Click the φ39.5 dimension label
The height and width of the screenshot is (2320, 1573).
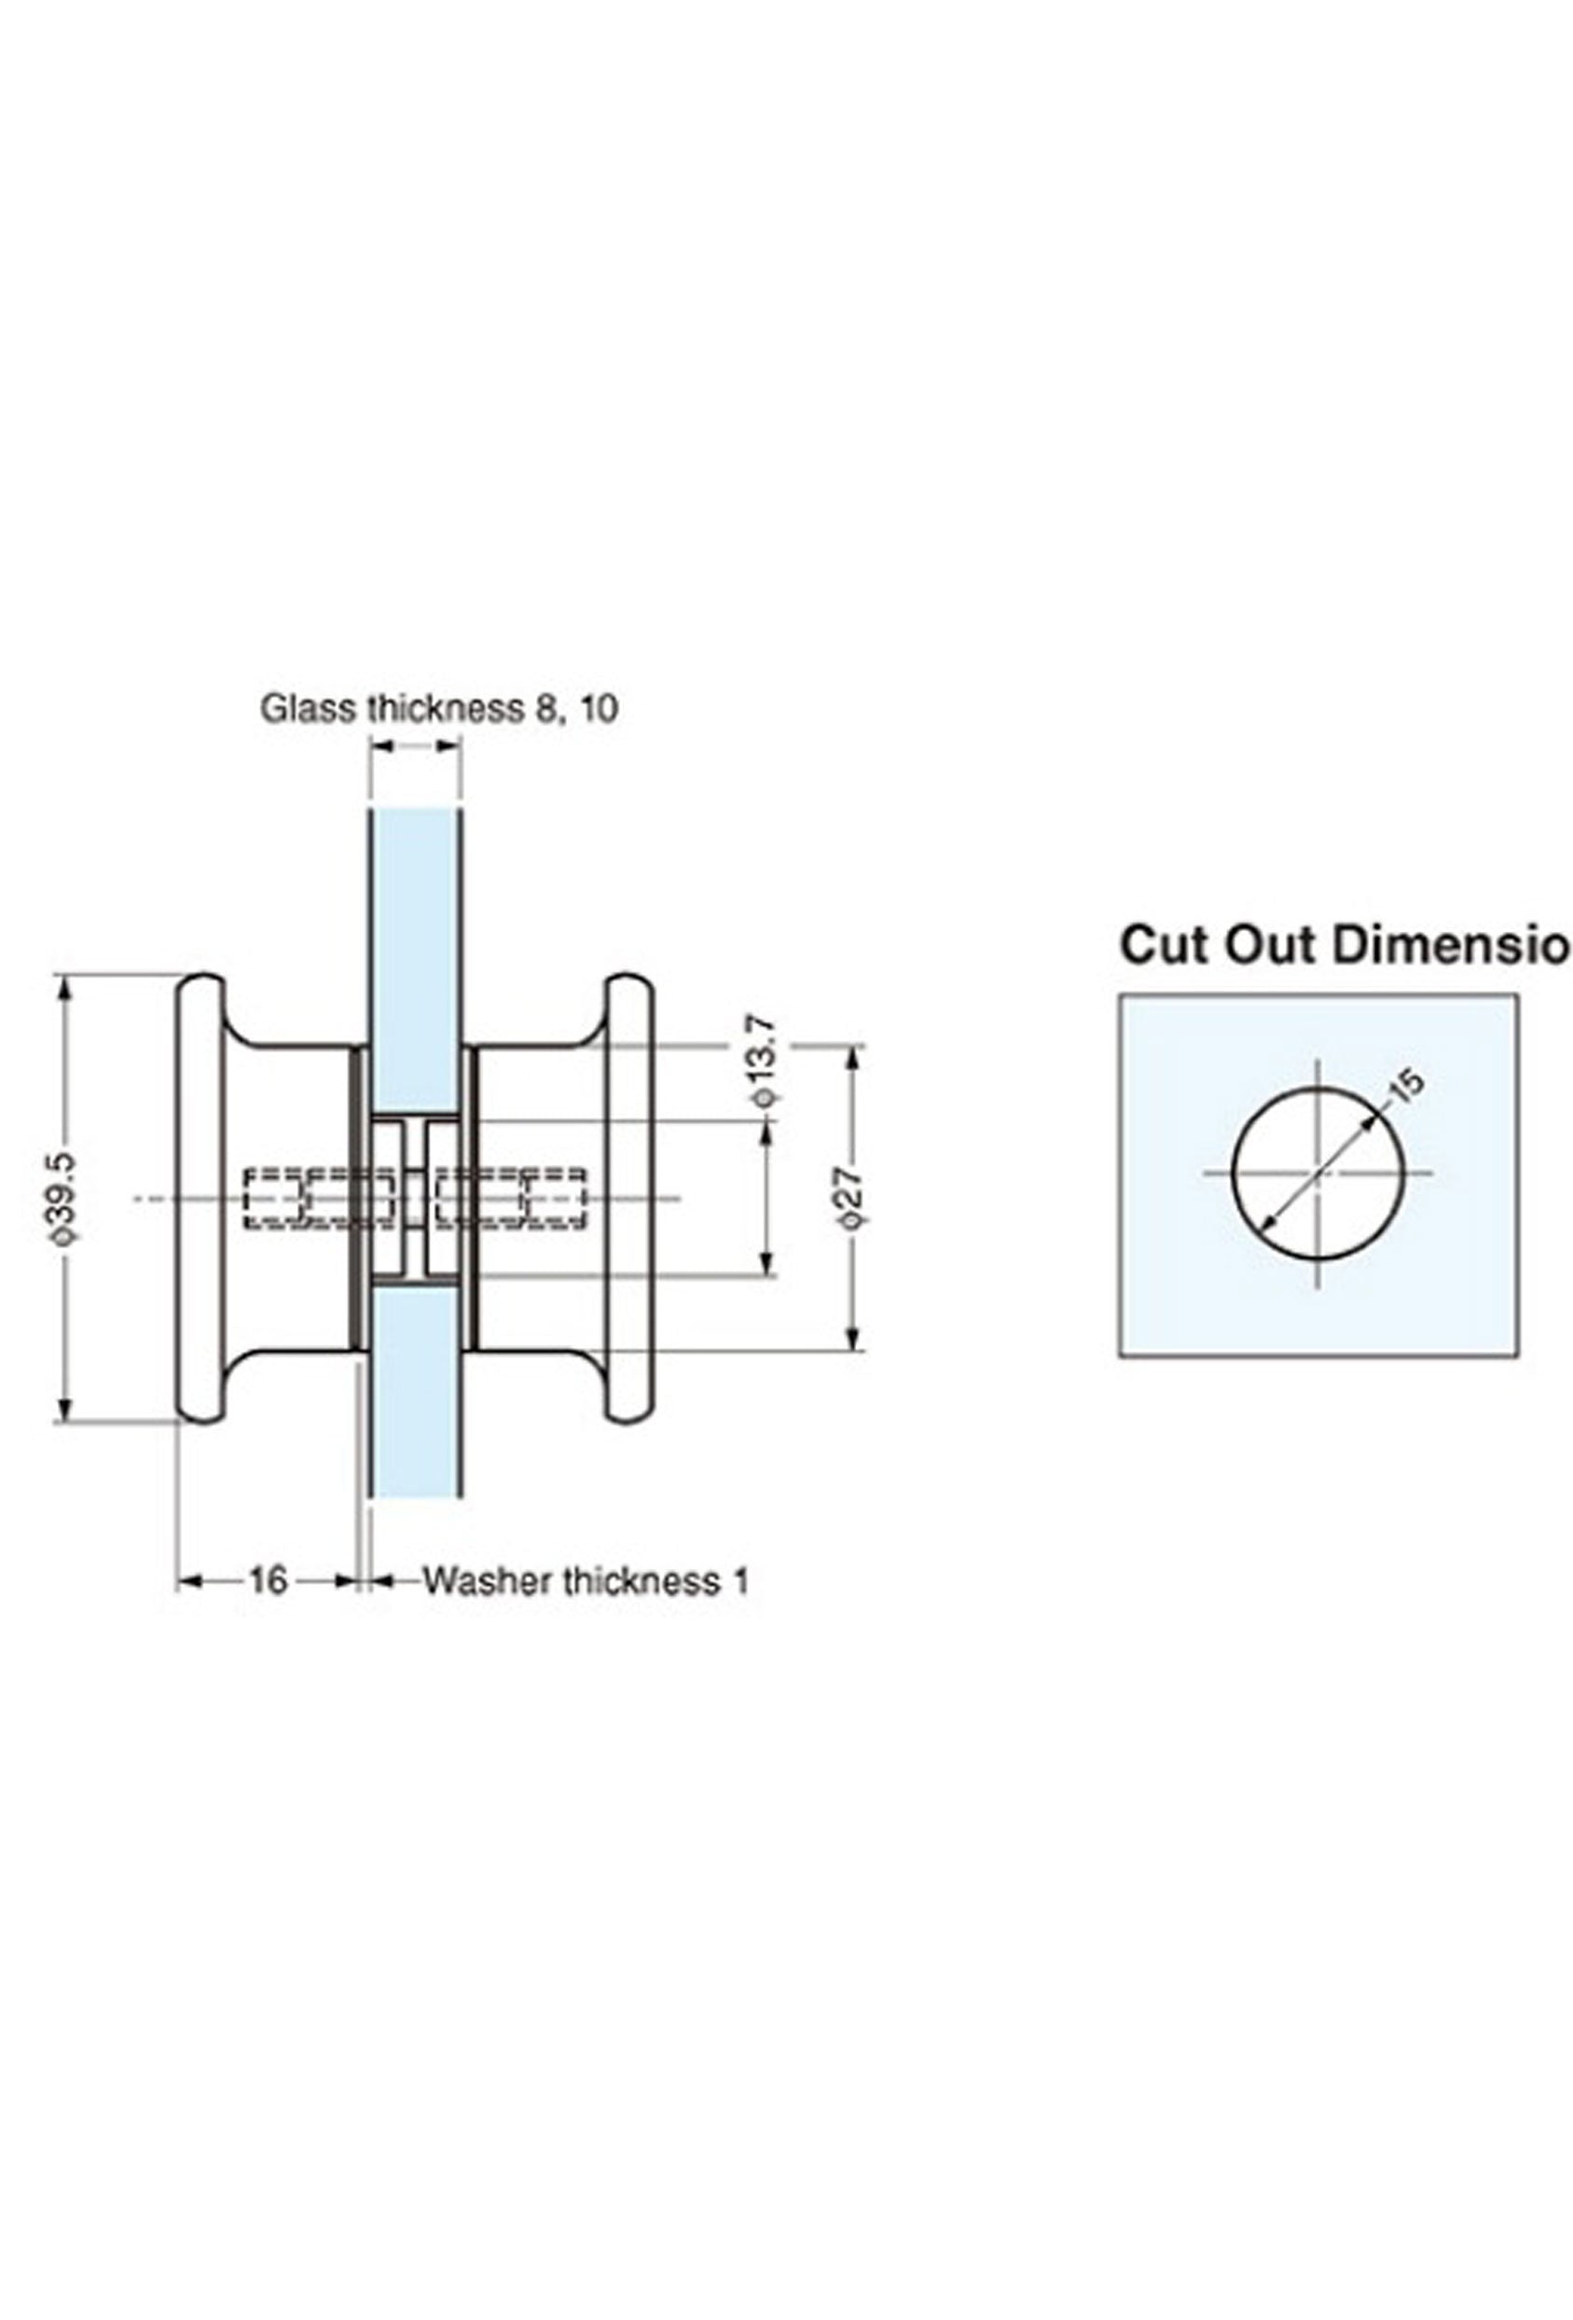66,1197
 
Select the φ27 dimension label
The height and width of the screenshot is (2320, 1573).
850,1197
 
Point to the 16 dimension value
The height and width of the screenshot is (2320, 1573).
267,1580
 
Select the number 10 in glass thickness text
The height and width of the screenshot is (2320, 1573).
598,709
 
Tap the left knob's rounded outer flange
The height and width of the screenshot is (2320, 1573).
200,1197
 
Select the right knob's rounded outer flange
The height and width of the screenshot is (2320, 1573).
628,1197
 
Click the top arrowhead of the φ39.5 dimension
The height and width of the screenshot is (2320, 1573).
66,986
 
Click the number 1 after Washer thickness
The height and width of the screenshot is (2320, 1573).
740,1581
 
